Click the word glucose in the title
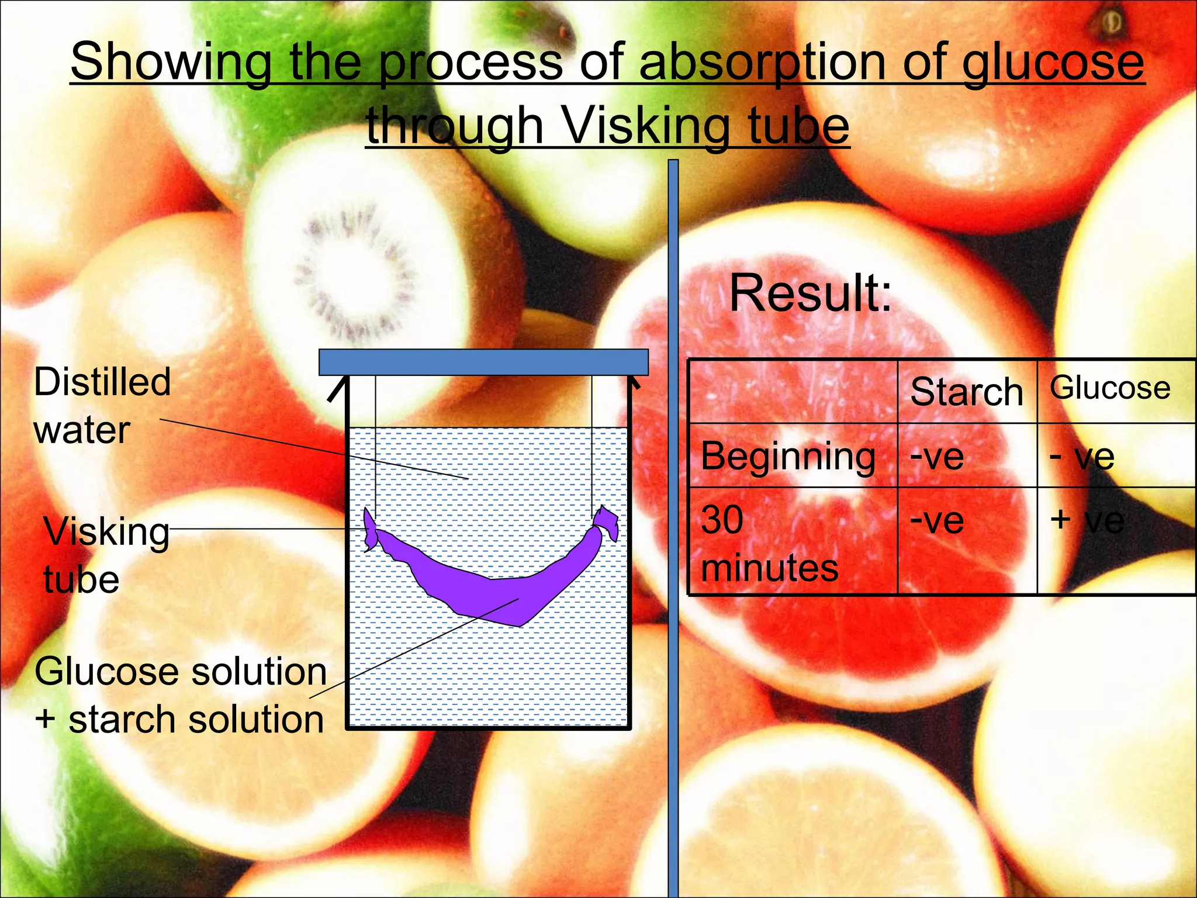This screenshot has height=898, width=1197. (1053, 63)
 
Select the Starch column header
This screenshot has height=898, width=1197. (966, 392)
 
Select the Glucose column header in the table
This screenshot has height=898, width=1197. (1110, 388)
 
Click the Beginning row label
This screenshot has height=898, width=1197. (788, 456)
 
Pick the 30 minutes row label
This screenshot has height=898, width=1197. (769, 543)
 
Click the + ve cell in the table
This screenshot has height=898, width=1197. (1087, 520)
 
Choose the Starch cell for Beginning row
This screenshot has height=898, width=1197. (937, 457)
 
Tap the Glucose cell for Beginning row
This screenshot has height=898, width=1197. (1082, 457)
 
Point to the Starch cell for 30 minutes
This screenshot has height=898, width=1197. (937, 520)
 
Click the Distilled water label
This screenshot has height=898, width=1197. (102, 406)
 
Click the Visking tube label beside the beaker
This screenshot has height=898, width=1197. (106, 555)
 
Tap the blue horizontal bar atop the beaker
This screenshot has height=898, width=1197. (483, 362)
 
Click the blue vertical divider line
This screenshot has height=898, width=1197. (673, 526)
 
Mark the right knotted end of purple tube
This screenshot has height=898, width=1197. (606, 522)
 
